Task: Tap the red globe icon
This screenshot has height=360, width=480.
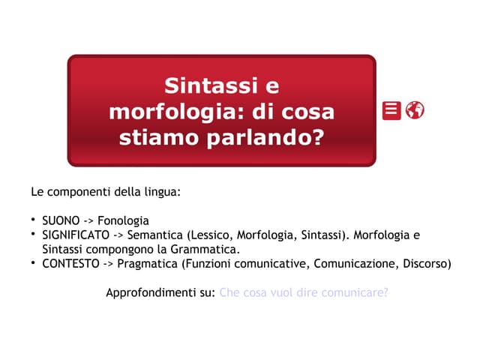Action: [x=415, y=110]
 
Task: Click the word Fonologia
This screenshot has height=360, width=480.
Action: [x=123, y=220]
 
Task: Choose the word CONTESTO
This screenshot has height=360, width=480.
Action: [x=69, y=263]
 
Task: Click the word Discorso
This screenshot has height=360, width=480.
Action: [x=427, y=263]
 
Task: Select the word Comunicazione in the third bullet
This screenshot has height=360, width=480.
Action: [x=355, y=263]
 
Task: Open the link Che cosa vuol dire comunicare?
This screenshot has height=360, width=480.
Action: [x=304, y=292]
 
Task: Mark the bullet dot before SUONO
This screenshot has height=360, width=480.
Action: [x=34, y=220]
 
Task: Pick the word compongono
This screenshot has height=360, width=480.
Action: [x=115, y=249]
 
